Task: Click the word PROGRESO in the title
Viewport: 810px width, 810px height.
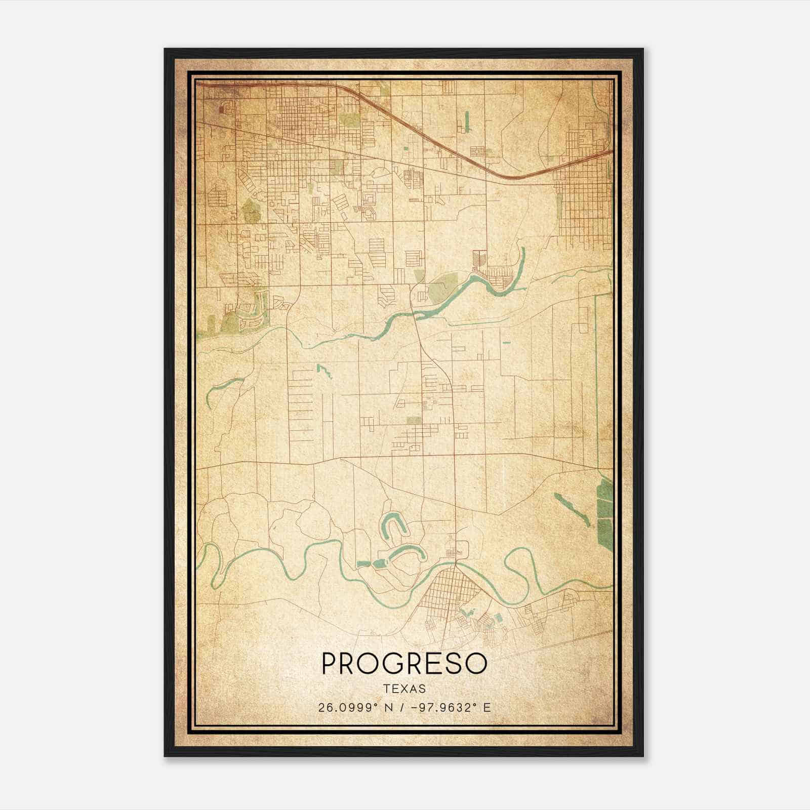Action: [x=404, y=663]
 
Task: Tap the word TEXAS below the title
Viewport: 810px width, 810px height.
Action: [x=404, y=689]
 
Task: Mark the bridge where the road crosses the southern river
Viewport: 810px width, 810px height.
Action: [x=455, y=561]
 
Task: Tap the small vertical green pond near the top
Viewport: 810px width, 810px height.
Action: [x=466, y=121]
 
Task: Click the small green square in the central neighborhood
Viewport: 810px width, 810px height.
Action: [x=414, y=420]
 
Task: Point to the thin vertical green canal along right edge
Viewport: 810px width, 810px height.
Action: [x=596, y=375]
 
